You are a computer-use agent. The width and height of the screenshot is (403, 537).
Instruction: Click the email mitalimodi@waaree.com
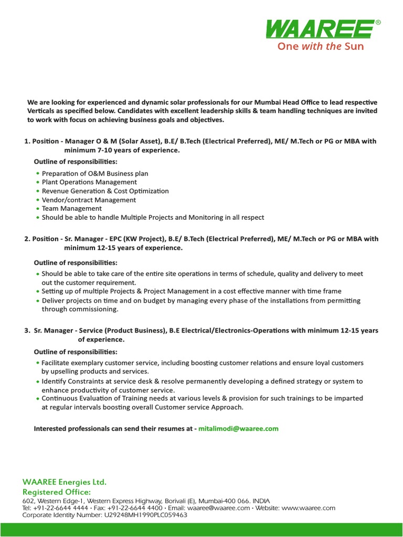click(238, 428)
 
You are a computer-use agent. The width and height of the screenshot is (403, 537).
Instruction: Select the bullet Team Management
click(71, 208)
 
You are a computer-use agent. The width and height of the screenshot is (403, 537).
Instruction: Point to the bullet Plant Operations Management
click(89, 182)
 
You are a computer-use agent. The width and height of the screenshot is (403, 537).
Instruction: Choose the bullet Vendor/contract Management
click(89, 200)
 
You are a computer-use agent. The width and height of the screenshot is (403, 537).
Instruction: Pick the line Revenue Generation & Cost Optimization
click(105, 191)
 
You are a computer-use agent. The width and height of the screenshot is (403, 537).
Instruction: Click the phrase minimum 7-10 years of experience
click(122, 150)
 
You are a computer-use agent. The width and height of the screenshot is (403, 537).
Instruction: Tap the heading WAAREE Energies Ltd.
click(64, 481)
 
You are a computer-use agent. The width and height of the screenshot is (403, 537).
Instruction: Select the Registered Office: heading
click(56, 492)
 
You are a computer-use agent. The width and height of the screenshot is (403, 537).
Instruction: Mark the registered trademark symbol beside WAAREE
click(378, 23)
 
